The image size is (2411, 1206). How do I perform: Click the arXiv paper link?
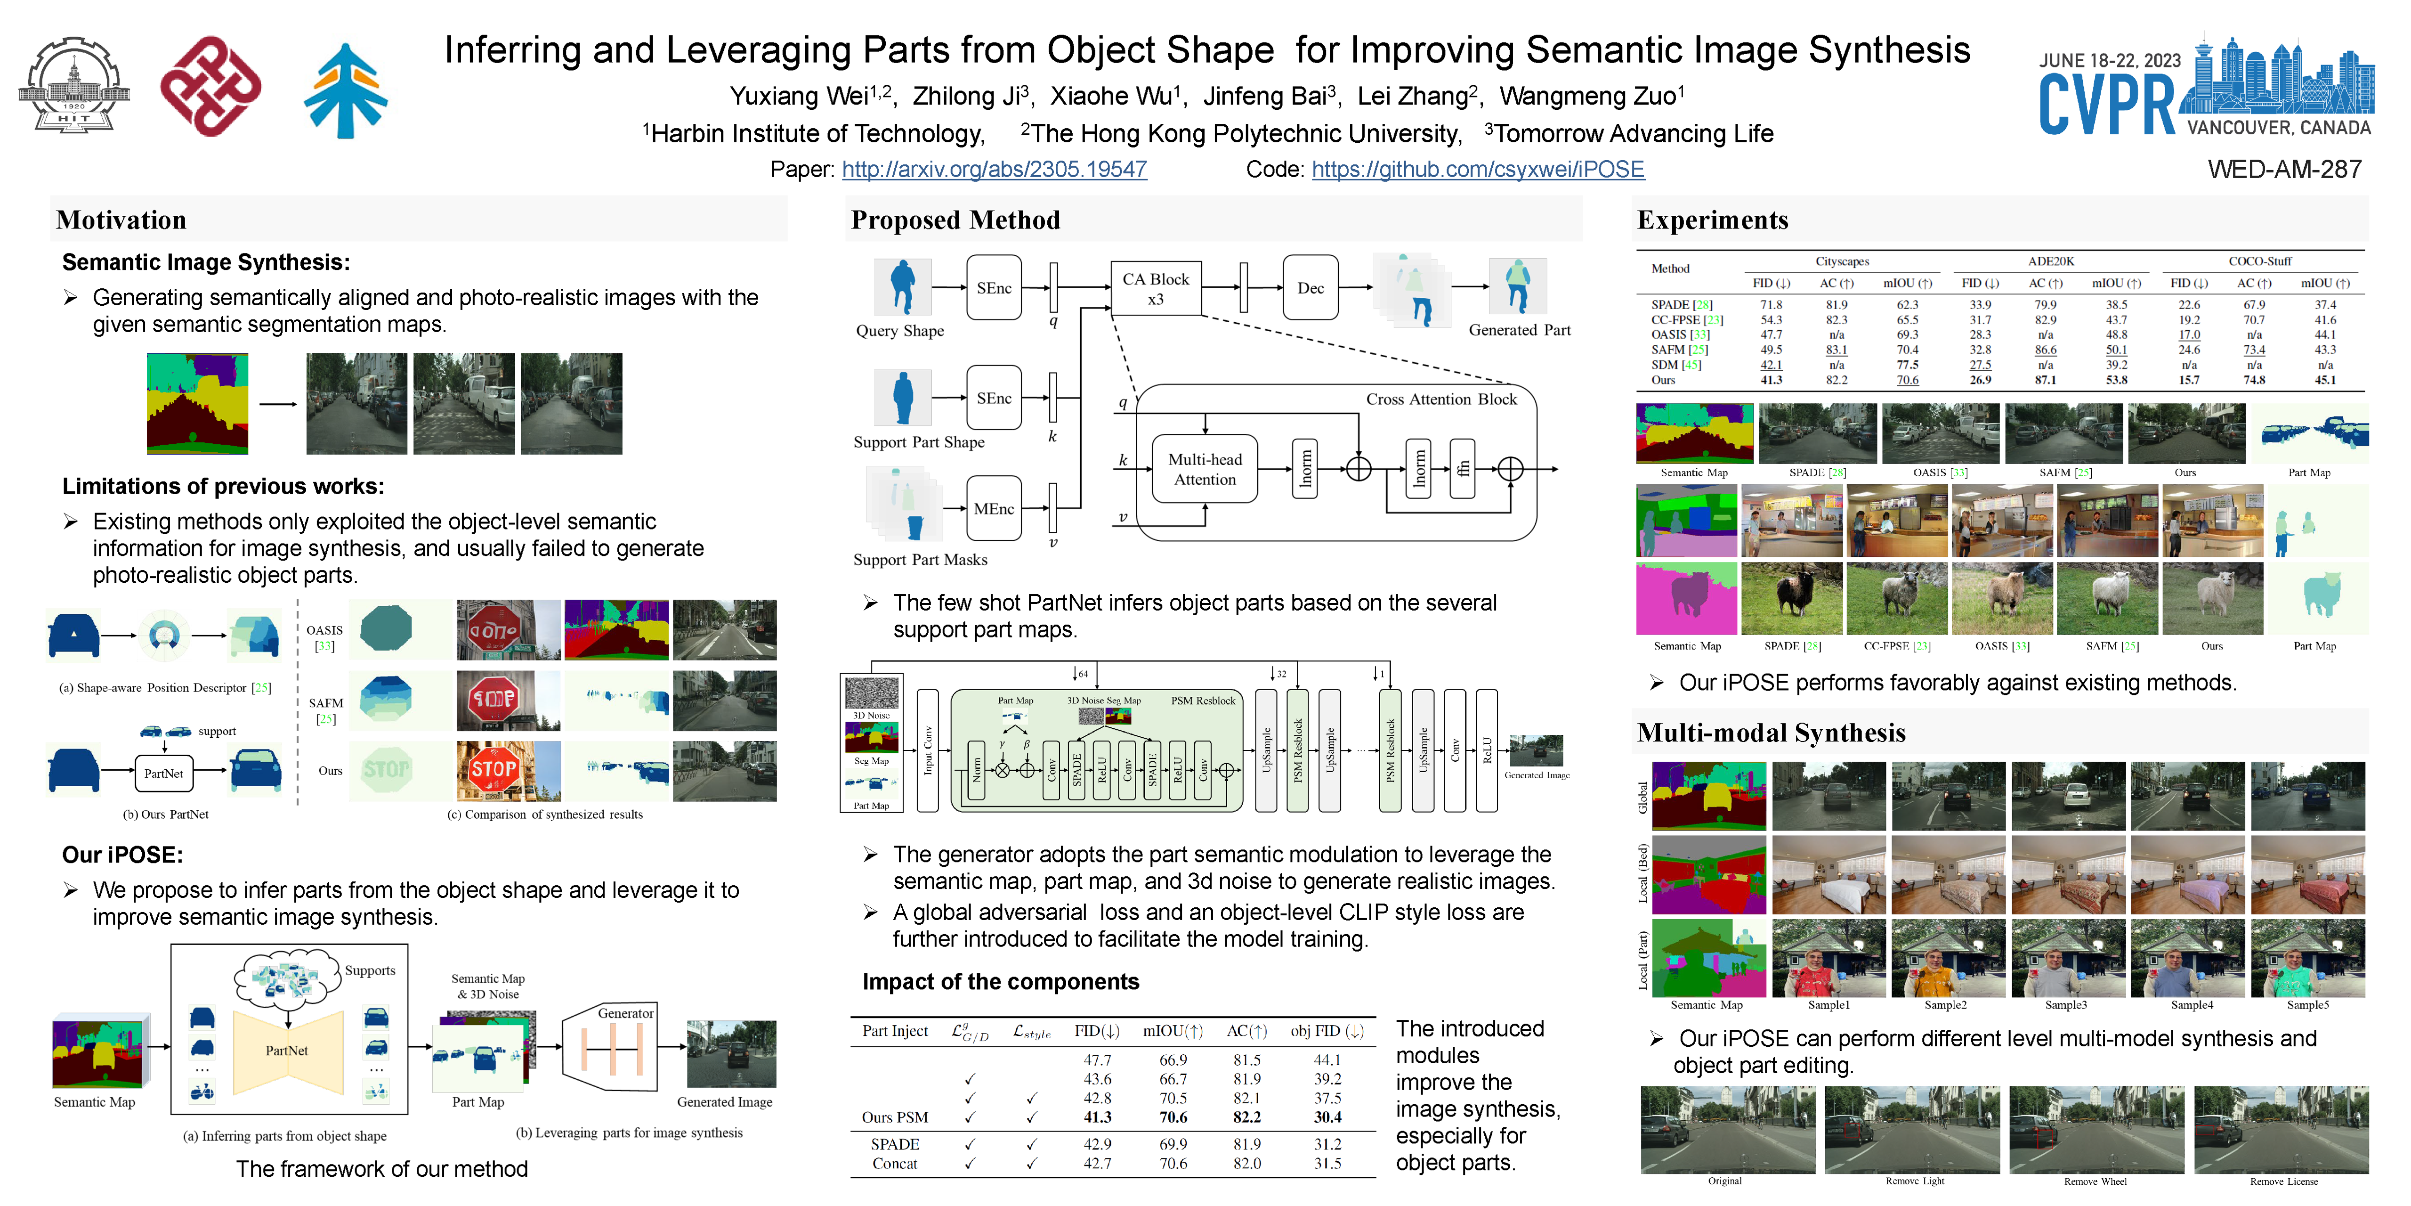pyautogui.click(x=994, y=170)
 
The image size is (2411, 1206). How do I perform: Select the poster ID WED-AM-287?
pyautogui.click(x=2284, y=170)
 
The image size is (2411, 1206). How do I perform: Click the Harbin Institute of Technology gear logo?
pyautogui.click(x=74, y=86)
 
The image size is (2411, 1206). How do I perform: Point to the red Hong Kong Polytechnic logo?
pyautogui.click(x=210, y=86)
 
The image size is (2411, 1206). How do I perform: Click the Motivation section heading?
pyautogui.click(x=121, y=220)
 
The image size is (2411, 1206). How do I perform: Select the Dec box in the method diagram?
pyautogui.click(x=1311, y=288)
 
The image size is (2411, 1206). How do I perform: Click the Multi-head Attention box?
pyautogui.click(x=1205, y=469)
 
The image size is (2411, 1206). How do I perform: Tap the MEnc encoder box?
pyautogui.click(x=993, y=508)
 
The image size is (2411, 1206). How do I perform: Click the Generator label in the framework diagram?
pyautogui.click(x=625, y=1013)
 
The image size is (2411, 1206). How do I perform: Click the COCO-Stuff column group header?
pyautogui.click(x=2259, y=261)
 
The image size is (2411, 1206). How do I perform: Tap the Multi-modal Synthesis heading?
pyautogui.click(x=1771, y=733)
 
